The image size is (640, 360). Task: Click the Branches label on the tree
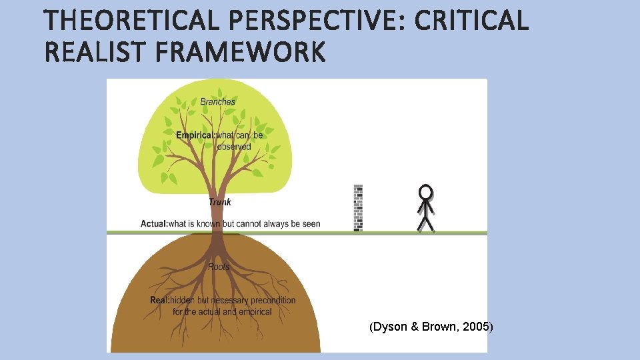(218, 102)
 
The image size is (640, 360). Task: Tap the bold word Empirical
(195, 135)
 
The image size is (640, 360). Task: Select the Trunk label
(220, 202)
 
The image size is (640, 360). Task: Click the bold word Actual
(153, 224)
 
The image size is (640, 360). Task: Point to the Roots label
(219, 267)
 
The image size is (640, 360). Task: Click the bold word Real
(159, 300)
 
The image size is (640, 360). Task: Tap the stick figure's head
(425, 193)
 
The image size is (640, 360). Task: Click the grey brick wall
(358, 207)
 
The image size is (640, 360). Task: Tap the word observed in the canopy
(234, 147)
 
